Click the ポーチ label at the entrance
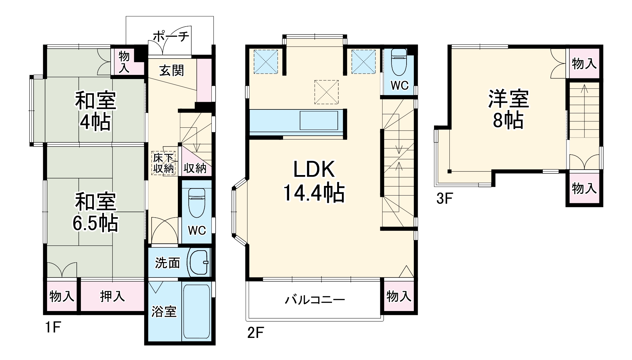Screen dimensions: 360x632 [171, 36]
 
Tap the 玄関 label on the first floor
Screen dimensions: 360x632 [172, 70]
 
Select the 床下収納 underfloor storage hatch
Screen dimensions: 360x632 [163, 163]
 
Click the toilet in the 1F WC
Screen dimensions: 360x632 [197, 203]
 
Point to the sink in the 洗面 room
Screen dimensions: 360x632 [199, 262]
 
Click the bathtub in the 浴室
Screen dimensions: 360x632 [196, 312]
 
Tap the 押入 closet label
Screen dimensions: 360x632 [112, 296]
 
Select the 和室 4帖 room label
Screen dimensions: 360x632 [95, 111]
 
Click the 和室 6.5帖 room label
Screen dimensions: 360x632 [95, 212]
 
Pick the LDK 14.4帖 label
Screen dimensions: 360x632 [314, 181]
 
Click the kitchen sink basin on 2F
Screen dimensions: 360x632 [319, 120]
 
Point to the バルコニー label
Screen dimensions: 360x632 [315, 300]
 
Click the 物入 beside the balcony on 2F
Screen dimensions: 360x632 [399, 296]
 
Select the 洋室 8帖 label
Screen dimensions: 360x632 [508, 109]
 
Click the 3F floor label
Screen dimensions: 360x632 [445, 199]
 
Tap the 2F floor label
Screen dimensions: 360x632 [255, 333]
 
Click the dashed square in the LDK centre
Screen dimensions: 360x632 [326, 92]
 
